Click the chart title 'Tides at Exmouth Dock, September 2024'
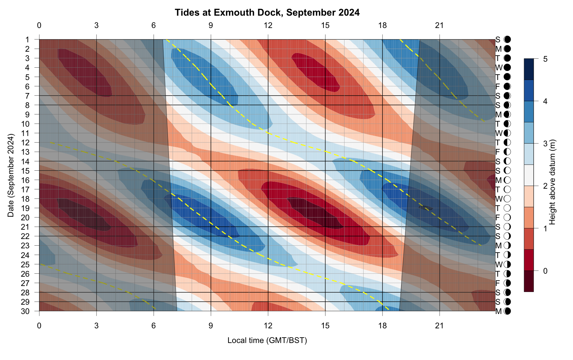tap(267, 13)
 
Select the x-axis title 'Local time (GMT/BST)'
tap(267, 340)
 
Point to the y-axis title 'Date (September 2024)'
tap(11, 175)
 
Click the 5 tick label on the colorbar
tap(545, 59)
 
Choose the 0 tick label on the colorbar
tap(545, 271)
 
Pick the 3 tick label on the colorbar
tap(545, 144)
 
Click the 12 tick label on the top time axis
tap(268, 25)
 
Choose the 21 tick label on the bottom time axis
tap(440, 325)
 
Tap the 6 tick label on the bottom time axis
tap(154, 325)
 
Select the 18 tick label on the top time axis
tap(382, 25)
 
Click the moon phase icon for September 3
tap(507, 58)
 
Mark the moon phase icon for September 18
tap(507, 199)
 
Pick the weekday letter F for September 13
tap(498, 152)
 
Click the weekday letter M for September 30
tap(498, 311)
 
